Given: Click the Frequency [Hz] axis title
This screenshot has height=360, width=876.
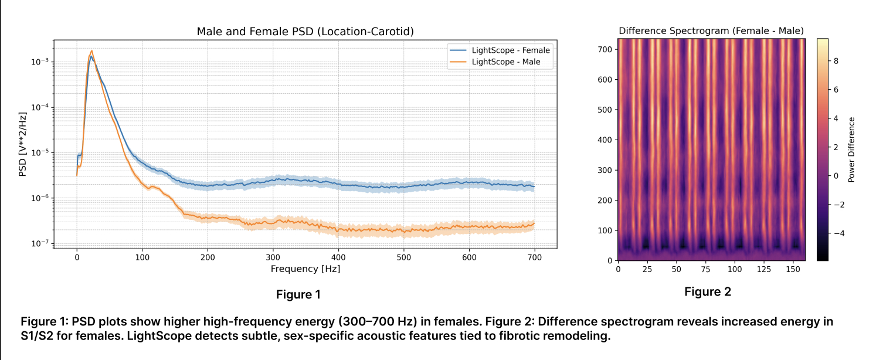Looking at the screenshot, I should [x=305, y=269].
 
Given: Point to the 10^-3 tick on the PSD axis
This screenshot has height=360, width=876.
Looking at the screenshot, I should [x=40, y=62].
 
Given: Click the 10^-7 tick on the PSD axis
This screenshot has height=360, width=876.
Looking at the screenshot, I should [x=40, y=244].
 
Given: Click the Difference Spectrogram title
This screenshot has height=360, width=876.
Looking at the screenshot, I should [x=711, y=30].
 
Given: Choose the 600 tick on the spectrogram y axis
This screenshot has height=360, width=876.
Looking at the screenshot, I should [x=605, y=80].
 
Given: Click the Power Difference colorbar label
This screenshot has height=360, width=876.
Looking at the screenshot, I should [x=852, y=149].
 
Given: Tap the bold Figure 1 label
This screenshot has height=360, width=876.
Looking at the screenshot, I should [x=298, y=294].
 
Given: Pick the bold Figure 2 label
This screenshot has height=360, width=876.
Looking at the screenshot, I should [x=708, y=291].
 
